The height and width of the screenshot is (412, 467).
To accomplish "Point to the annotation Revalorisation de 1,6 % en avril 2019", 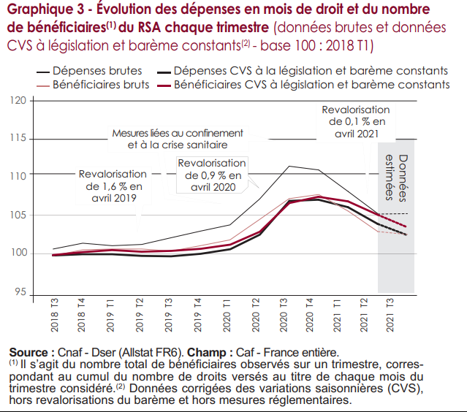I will (113, 186).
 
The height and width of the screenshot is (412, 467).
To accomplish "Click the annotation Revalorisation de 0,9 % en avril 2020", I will (212, 175).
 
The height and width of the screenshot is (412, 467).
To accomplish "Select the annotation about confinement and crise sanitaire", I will (177, 139).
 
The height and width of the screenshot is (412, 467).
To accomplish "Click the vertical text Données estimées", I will (395, 178).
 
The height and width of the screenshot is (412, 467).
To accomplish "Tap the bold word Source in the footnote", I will (29, 353).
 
